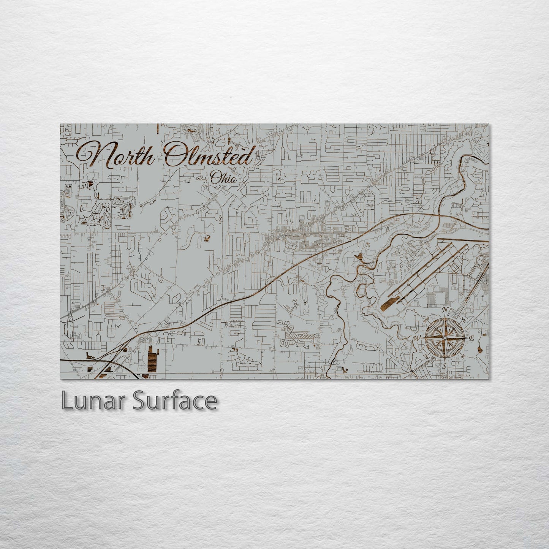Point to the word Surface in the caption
pyautogui.click(x=174, y=401)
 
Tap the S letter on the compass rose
pyautogui.click(x=444, y=366)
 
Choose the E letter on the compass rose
pyautogui.click(x=472, y=338)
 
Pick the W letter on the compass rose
pyautogui.click(x=417, y=338)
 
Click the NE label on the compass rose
pyautogui.click(x=463, y=319)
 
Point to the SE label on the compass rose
pyautogui.click(x=463, y=356)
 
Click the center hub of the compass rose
pyautogui.click(x=444, y=338)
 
